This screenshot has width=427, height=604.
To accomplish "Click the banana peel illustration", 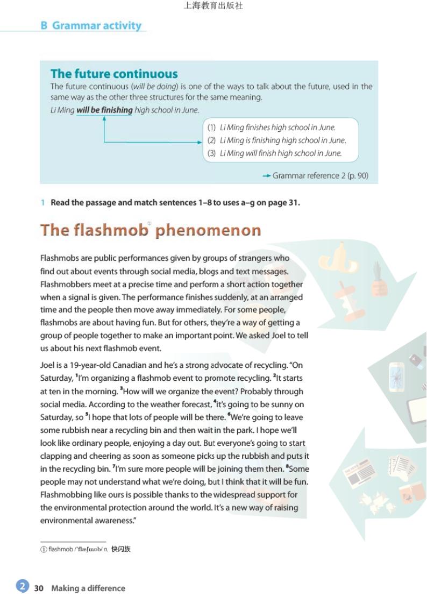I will click(x=344, y=261).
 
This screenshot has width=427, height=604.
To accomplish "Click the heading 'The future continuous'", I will click(x=114, y=74).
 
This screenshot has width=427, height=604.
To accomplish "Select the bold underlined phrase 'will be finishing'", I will click(x=104, y=110).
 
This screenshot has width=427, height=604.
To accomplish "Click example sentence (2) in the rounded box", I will click(x=277, y=140).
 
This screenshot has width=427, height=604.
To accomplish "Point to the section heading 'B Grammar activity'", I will click(x=91, y=25).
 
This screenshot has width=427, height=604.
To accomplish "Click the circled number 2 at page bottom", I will click(x=22, y=586).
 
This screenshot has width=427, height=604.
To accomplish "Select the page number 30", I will click(x=39, y=588).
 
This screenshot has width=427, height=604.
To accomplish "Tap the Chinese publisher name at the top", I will click(x=213, y=6).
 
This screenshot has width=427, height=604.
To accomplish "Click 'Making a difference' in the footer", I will click(x=88, y=588).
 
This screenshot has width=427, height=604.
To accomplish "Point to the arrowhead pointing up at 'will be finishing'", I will click(x=104, y=119).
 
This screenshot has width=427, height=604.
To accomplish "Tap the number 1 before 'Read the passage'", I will click(x=42, y=203).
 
